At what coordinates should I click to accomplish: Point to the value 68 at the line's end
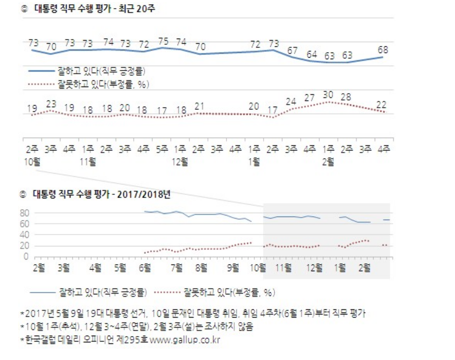point(382,51)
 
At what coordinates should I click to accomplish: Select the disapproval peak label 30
point(327,95)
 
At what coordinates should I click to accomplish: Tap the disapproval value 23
point(51,104)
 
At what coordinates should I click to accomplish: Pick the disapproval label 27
point(310,98)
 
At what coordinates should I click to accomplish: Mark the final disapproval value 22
point(381,104)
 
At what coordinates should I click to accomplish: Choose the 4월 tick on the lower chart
point(95,268)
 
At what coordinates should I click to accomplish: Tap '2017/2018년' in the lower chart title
point(145,194)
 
